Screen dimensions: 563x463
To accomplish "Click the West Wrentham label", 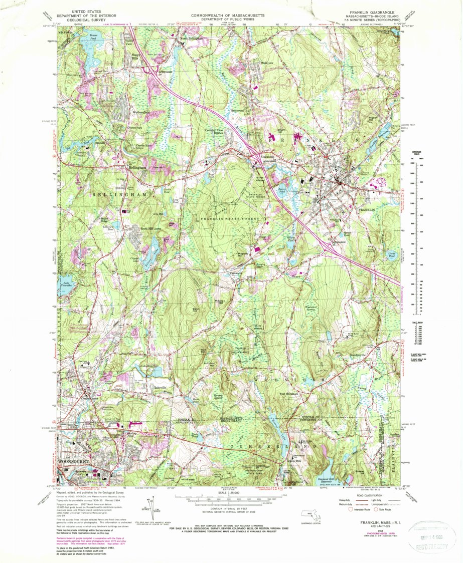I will [x=289, y=395].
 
